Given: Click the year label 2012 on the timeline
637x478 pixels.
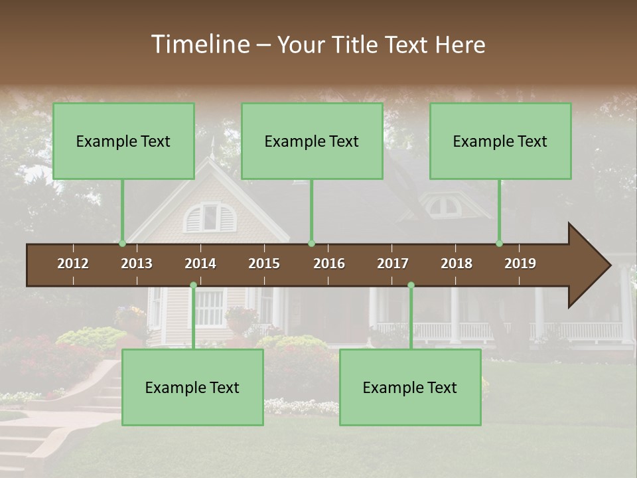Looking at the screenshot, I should [73, 264].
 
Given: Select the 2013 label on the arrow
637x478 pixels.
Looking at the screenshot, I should [137, 264].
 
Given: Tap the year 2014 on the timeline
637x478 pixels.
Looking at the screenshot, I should [200, 264].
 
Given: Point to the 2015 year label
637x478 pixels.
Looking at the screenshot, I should [264, 264].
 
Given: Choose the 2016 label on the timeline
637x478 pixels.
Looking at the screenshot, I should [329, 264].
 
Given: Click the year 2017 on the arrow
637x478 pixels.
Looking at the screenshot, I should [393, 264].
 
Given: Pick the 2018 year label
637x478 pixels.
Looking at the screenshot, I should [457, 264].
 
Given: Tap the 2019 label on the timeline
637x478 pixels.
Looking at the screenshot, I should [520, 264].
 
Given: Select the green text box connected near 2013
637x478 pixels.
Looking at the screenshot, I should [123, 141].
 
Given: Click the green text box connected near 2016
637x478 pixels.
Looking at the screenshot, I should [312, 141].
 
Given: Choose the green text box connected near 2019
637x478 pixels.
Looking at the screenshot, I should [500, 141].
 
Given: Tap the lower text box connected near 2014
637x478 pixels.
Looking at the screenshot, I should [192, 388].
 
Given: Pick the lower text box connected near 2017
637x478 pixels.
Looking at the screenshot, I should [410, 388].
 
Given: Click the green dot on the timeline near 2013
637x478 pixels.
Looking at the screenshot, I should [122, 243].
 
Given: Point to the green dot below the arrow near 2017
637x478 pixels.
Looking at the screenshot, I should [411, 285].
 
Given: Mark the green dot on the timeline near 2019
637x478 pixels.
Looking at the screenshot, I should [499, 243].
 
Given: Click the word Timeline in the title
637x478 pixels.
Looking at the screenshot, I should [199, 44].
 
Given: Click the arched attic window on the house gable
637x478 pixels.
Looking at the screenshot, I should [210, 218].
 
